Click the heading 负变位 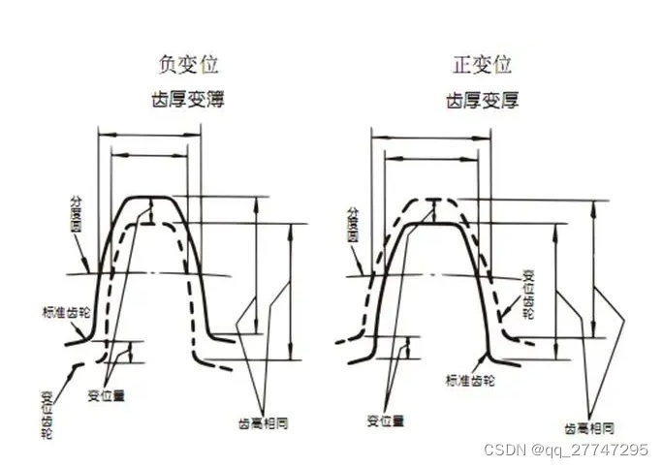click(188, 66)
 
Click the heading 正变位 click(482, 66)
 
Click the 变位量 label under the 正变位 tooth click(385, 420)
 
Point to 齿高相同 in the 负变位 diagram click(264, 422)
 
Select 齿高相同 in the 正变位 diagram click(589, 427)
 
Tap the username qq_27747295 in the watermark click(600, 451)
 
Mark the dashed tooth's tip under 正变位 click(439, 201)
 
